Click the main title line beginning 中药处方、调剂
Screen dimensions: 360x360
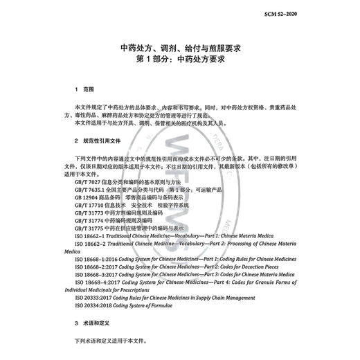tap(181, 48)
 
